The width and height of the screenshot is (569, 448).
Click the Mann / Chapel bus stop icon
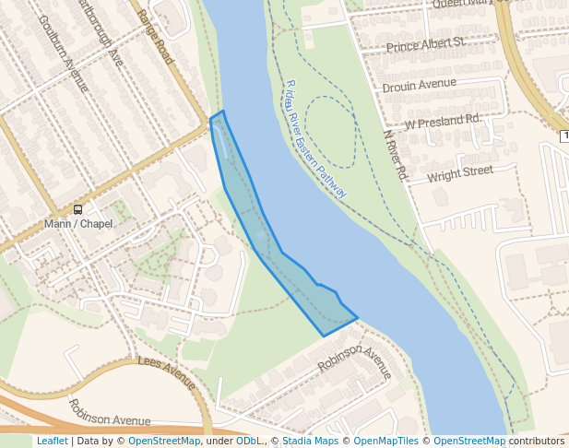click(x=77, y=209)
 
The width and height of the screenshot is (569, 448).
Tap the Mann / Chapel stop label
click(x=78, y=224)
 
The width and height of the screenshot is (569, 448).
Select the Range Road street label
click(x=155, y=37)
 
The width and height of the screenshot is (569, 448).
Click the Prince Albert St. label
click(x=425, y=45)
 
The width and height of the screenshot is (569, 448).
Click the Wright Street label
click(x=460, y=172)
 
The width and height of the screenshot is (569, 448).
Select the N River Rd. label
click(x=395, y=153)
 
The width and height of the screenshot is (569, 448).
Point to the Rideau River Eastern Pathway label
click(x=315, y=139)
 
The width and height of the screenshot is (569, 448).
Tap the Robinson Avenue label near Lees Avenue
click(x=110, y=413)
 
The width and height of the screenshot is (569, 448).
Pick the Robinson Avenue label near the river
click(x=355, y=361)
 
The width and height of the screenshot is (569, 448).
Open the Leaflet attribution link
click(x=52, y=441)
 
